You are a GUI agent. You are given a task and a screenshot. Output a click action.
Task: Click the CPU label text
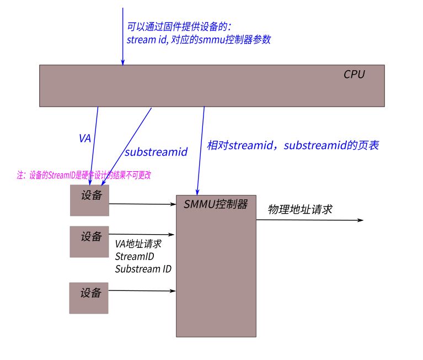point(354,74)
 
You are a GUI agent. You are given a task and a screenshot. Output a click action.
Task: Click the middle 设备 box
point(90,241)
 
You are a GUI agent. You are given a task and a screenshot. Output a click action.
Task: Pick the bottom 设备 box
point(89,298)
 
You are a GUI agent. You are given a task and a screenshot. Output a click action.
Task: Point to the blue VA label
point(85,139)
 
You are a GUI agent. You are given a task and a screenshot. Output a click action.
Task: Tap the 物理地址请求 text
point(300,209)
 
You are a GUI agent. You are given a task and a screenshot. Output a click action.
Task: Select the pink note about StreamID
point(84,175)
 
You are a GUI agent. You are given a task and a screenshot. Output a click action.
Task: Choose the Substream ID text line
point(143,269)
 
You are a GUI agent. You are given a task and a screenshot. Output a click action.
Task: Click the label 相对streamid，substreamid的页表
point(292,146)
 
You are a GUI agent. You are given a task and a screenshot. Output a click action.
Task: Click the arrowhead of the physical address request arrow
point(361,220)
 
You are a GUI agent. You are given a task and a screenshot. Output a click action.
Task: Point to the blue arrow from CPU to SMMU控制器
point(201,149)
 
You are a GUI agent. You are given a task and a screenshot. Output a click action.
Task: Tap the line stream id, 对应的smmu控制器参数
point(199,40)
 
